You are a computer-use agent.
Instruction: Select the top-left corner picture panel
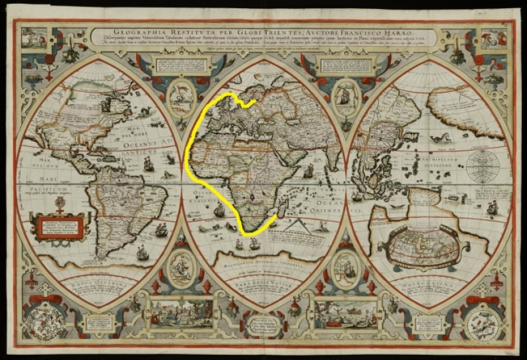click(32, 38)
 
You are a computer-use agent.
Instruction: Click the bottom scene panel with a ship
click(346, 313)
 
